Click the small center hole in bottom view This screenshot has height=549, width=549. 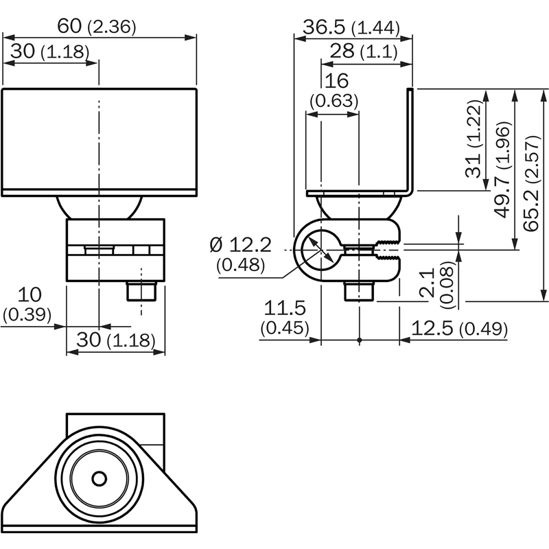(100, 478)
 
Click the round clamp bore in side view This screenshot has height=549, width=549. (317, 251)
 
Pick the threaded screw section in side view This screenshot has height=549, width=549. (388, 251)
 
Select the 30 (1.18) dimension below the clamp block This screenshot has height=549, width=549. (115, 340)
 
